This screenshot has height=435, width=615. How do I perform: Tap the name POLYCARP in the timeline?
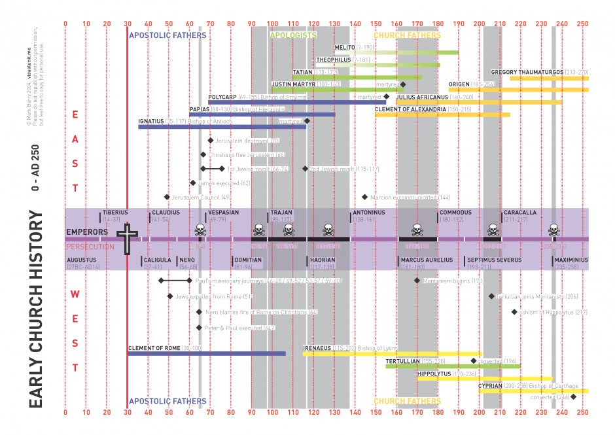[x=222, y=97]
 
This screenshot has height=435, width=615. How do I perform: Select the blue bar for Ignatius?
[x=222, y=126]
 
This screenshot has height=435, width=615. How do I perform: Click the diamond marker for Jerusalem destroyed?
[x=211, y=141]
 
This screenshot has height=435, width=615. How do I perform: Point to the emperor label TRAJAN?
[x=282, y=213]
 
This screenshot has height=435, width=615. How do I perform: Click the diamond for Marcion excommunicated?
[x=364, y=197]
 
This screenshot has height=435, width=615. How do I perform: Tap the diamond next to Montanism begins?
[x=417, y=281]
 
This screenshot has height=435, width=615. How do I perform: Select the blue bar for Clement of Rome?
[x=206, y=354]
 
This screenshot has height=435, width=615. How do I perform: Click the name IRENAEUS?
[x=317, y=348]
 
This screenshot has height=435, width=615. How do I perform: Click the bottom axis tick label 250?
[x=583, y=413]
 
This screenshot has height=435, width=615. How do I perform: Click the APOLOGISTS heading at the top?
[x=293, y=35]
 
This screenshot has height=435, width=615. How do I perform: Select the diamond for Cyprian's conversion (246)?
[x=574, y=397]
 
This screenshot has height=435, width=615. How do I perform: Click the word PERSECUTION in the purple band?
[x=89, y=247]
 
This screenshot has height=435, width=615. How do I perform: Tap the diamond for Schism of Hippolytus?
[x=514, y=312]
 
